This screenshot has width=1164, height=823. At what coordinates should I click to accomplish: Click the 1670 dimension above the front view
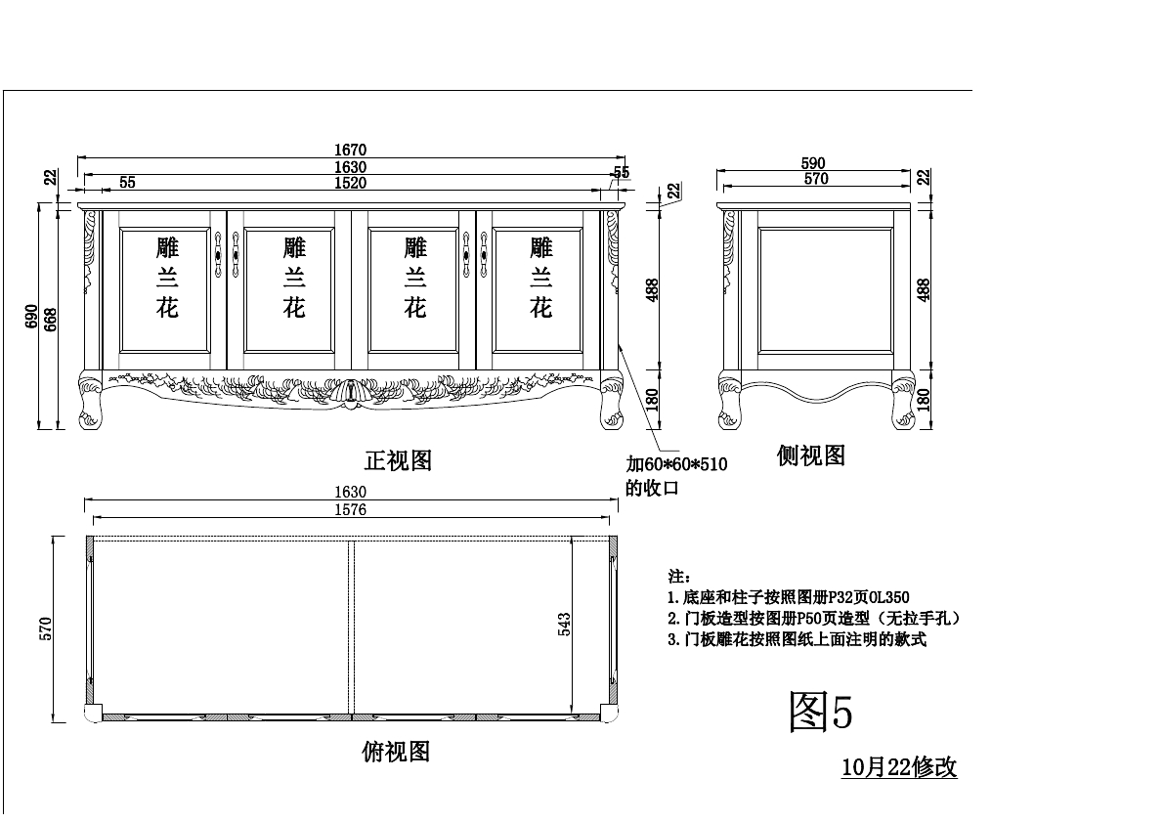pyautogui.click(x=350, y=150)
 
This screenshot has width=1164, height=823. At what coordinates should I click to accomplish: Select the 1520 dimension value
pyautogui.click(x=350, y=183)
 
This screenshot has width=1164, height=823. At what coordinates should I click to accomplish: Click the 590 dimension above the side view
pyautogui.click(x=813, y=163)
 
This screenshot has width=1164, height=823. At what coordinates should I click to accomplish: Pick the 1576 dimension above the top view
pyautogui.click(x=350, y=509)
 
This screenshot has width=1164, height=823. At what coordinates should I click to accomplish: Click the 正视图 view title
pyautogui.click(x=398, y=459)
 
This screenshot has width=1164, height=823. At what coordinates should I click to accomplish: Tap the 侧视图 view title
pyautogui.click(x=810, y=455)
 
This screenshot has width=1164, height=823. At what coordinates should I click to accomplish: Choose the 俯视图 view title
pyautogui.click(x=396, y=751)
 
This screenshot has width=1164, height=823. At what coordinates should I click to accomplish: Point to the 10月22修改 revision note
pyautogui.click(x=899, y=767)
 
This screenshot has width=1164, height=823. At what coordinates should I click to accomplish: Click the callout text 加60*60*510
pyautogui.click(x=676, y=464)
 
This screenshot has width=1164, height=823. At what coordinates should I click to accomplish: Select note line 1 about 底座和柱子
pyautogui.click(x=788, y=596)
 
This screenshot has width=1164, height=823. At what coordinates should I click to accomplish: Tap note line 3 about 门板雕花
pyautogui.click(x=797, y=640)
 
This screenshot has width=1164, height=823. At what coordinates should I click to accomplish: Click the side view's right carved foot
pyautogui.click(x=902, y=402)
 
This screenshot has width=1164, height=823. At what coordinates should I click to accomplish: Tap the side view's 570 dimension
pyautogui.click(x=815, y=179)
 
